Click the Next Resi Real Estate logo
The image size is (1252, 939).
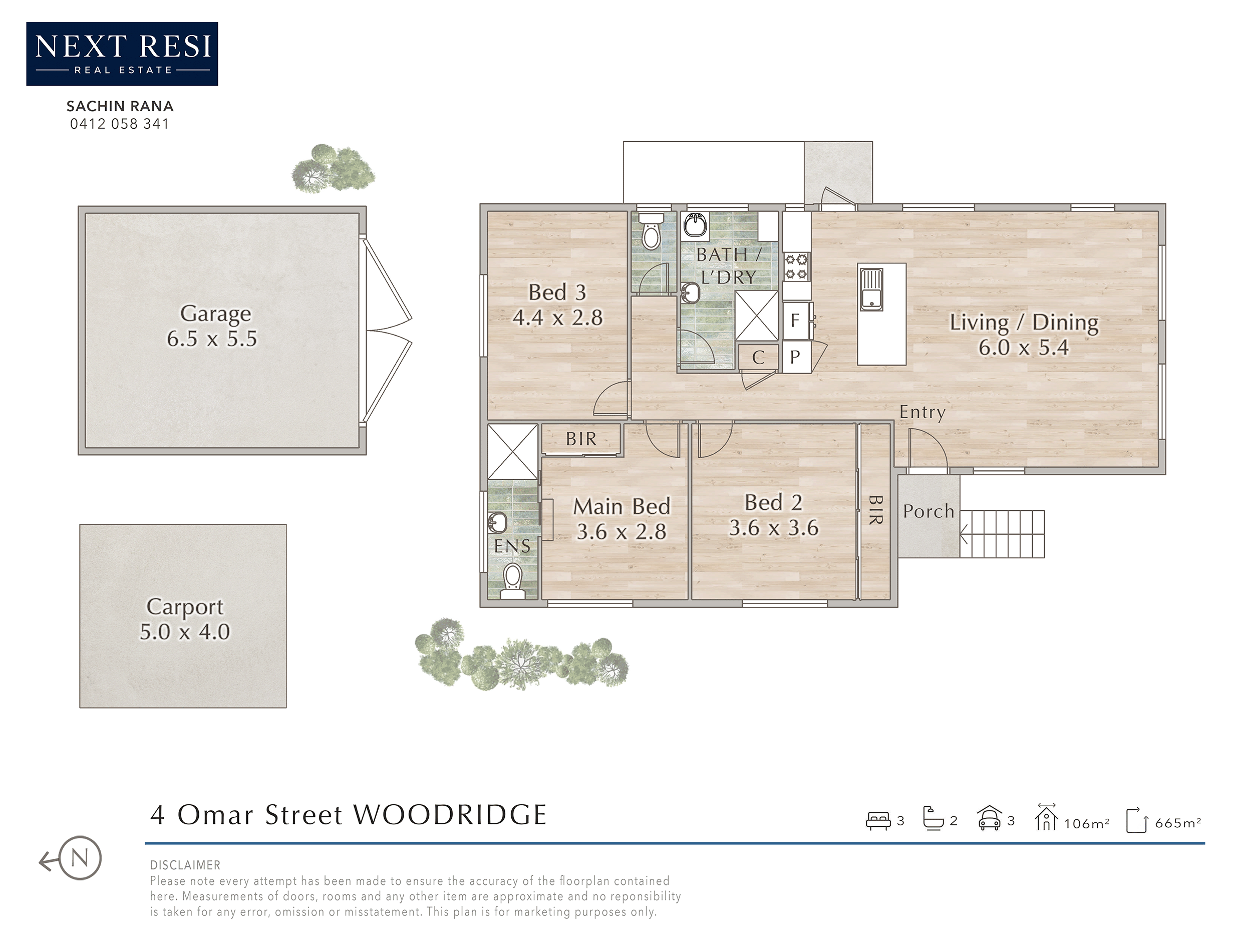click(x=122, y=54)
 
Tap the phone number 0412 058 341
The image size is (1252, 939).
click(x=119, y=124)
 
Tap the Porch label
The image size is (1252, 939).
click(x=928, y=511)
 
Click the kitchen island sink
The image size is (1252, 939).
click(x=871, y=289)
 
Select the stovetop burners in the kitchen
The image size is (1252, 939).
click(x=796, y=267)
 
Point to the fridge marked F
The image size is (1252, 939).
click(x=795, y=321)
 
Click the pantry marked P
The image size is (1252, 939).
click(x=795, y=357)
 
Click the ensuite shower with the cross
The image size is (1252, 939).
click(x=512, y=452)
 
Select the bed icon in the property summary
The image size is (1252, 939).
click(x=878, y=820)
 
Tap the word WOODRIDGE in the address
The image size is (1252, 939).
click(x=450, y=815)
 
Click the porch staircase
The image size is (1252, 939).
click(x=1002, y=534)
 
